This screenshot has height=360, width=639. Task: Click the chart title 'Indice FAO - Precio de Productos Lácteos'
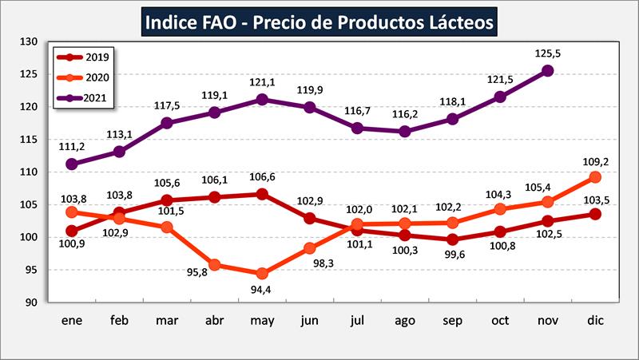pos(319,22)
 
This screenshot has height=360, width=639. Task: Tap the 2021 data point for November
pos(547,70)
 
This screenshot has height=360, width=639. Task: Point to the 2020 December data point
pos(595,176)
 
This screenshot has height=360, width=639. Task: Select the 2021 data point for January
pos(72,164)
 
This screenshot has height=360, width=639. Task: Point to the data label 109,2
pos(595,160)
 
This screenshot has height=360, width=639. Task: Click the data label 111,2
pos(72,147)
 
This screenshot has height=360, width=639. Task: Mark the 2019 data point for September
pos(453,239)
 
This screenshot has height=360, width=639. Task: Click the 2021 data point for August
pos(406,131)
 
